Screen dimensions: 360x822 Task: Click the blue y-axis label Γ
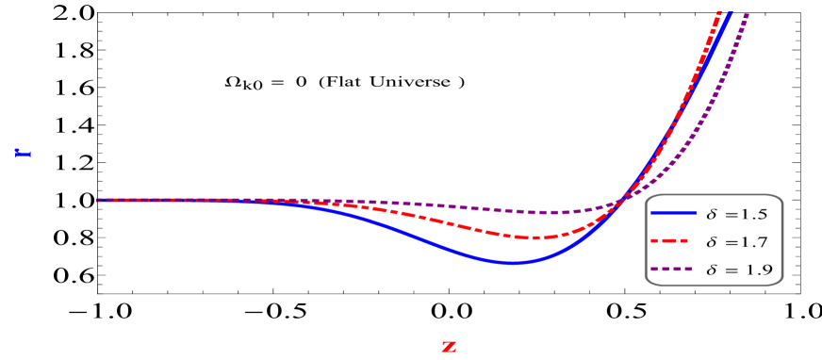pyautogui.click(x=23, y=152)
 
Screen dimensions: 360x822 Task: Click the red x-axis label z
pyautogui.click(x=449, y=347)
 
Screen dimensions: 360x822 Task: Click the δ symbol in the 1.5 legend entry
pyautogui.click(x=712, y=214)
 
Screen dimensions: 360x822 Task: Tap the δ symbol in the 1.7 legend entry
pyautogui.click(x=712, y=242)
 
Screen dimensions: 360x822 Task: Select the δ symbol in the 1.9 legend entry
pyautogui.click(x=712, y=270)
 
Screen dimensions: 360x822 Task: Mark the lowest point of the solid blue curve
pyautogui.click(x=511, y=263)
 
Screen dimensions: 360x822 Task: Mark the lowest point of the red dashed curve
pyautogui.click(x=534, y=237)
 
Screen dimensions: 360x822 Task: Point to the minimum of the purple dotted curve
pyautogui.click(x=556, y=213)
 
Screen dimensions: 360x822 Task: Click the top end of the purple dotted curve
pyautogui.click(x=747, y=13)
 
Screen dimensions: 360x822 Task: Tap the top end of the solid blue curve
pyautogui.click(x=731, y=12)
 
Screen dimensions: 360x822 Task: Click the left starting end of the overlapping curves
pyautogui.click(x=98, y=200)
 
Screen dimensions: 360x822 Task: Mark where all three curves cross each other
pyautogui.click(x=623, y=198)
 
